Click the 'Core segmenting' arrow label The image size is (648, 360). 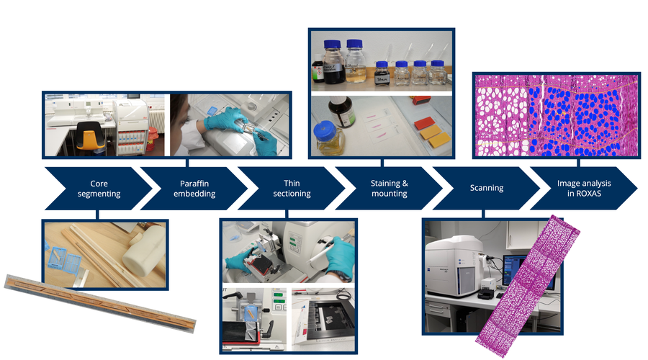pyautogui.click(x=99, y=189)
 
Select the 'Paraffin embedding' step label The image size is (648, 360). pyautogui.click(x=194, y=189)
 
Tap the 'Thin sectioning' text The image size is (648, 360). pyautogui.click(x=292, y=188)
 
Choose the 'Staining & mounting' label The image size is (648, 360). pyautogui.click(x=390, y=188)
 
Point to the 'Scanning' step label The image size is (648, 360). pyautogui.click(x=487, y=188)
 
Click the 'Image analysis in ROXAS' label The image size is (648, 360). pyautogui.click(x=584, y=188)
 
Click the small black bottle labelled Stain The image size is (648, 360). pyautogui.click(x=382, y=74)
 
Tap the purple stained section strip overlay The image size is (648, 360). pyautogui.click(x=528, y=286)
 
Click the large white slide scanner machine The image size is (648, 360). pyautogui.click(x=454, y=266)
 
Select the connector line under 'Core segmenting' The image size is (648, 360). pyautogui.click(x=97, y=215)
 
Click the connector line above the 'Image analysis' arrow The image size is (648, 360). pyautogui.click(x=579, y=163)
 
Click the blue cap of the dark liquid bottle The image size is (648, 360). pyautogui.click(x=332, y=44)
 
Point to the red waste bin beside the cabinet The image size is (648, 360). pyautogui.click(x=153, y=138)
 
